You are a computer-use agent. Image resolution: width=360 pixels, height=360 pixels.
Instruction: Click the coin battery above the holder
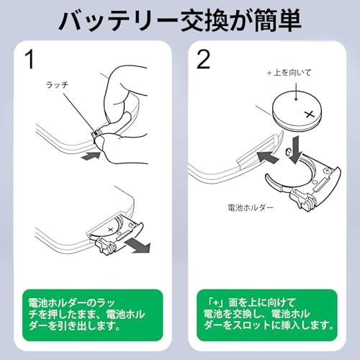click(297, 109)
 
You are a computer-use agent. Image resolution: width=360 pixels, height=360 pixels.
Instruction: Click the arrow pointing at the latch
click(91, 154)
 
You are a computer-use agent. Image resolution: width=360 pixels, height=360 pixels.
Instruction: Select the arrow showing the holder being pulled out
click(138, 247)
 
